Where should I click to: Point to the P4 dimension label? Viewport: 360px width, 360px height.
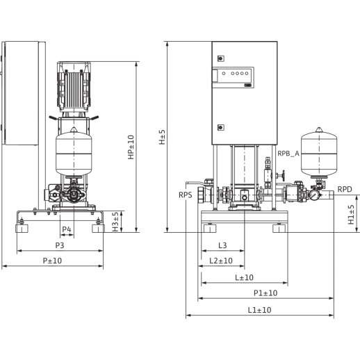point(67,229)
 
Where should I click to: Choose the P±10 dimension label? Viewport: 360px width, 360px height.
point(53,261)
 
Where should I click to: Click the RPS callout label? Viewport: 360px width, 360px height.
point(185,195)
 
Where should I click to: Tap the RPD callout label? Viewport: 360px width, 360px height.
point(345,188)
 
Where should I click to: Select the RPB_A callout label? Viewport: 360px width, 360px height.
point(288,154)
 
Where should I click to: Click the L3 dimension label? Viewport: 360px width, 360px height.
point(222,245)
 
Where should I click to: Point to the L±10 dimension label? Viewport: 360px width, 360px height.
point(244,277)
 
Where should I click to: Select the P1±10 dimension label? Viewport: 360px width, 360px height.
point(265,293)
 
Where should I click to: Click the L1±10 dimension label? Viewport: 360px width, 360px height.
point(259,310)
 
